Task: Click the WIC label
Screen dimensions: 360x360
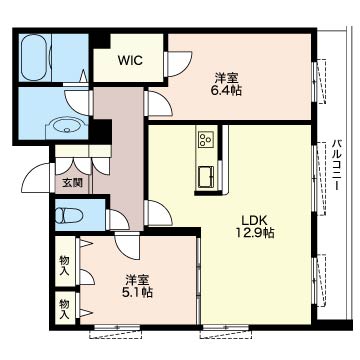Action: tap(130, 60)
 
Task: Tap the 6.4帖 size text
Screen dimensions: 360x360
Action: tap(226, 90)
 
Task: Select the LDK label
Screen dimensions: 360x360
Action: tap(255, 220)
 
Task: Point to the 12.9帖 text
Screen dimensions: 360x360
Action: tap(255, 233)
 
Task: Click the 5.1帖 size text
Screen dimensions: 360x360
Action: tap(137, 292)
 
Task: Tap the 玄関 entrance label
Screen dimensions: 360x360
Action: tap(73, 183)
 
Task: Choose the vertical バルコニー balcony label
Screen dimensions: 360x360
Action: tap(336, 165)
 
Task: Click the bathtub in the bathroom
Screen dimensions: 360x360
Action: tap(34, 58)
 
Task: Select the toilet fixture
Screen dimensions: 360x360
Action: tap(69, 216)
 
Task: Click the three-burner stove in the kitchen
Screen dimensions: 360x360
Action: tap(206, 138)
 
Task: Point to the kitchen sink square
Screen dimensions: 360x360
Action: tap(207, 177)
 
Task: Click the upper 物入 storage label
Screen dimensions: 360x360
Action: tap(64, 265)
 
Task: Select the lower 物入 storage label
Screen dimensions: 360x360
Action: tap(64, 309)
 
